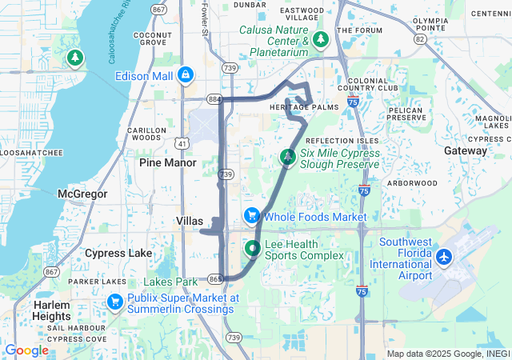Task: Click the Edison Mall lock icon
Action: coord(186,74)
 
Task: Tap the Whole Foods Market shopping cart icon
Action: coord(252,216)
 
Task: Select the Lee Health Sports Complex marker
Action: coord(252,249)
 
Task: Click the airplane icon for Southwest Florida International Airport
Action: coord(445,258)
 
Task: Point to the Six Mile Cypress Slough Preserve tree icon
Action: coord(287,158)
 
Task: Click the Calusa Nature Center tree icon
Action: coord(321,39)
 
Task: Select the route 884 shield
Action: coord(213,99)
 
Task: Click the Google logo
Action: coord(26,350)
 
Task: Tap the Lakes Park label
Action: coord(170,282)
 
